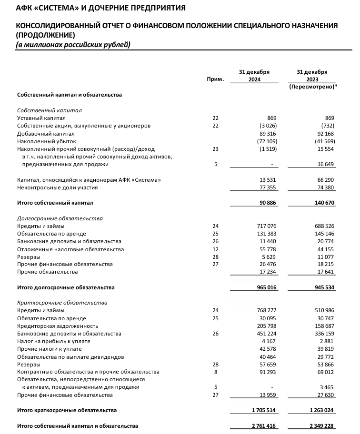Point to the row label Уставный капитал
tap(41, 118)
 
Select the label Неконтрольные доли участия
tap(58, 187)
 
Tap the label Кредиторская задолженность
tap(58, 326)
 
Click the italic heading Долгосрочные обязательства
tap(60, 218)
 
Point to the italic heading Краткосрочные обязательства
tap(62, 303)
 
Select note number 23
tap(215, 148)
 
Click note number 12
tap(215, 249)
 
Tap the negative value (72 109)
tap(265, 141)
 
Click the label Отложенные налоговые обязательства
tap(70, 249)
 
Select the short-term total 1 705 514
tap(262, 410)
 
